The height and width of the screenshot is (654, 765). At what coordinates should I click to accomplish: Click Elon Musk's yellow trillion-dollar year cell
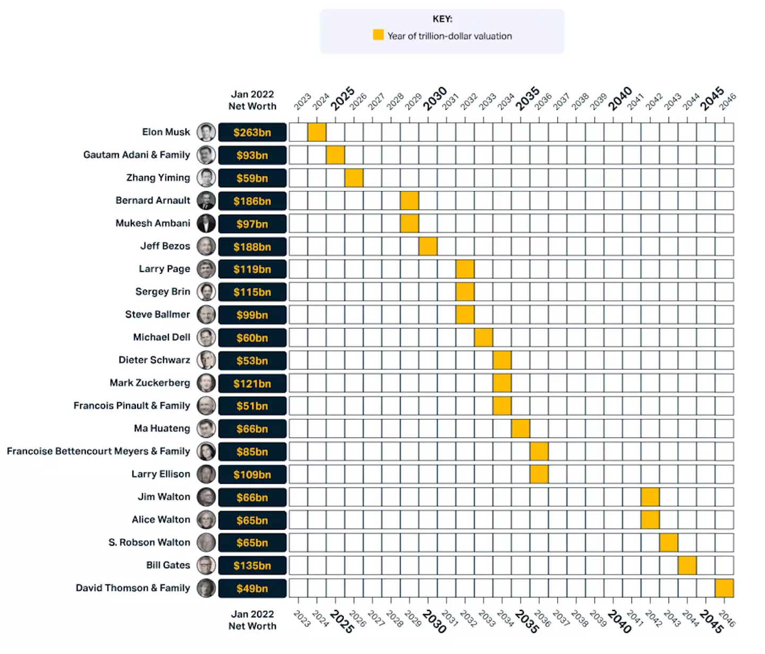coord(317,132)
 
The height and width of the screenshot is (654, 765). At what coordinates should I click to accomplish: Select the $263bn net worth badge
coord(252,132)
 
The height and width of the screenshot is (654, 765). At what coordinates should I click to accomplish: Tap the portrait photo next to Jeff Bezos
coord(206,247)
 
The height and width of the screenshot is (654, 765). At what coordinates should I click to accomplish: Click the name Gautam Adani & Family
coord(137,155)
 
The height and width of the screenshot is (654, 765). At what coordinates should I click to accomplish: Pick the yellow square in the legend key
coord(378,35)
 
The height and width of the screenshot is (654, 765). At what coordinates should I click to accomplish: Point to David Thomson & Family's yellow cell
coord(724,588)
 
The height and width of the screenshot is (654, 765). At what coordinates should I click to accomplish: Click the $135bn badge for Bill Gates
coord(252,566)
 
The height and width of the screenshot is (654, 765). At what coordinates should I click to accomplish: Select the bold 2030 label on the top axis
coord(435,98)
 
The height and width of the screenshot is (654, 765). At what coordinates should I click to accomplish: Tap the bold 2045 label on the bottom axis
coord(712,621)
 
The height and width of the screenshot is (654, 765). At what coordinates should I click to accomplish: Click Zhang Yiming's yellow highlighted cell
coord(354,178)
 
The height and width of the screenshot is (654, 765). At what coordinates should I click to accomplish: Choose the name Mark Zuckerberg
coord(150,383)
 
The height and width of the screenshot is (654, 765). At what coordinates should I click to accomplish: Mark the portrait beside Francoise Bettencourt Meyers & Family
coord(206,452)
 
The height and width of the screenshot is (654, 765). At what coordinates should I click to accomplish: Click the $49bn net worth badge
coord(252,589)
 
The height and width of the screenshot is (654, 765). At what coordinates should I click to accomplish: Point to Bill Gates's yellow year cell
coord(687,565)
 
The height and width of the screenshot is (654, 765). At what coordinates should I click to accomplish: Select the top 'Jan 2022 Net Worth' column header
coord(252,100)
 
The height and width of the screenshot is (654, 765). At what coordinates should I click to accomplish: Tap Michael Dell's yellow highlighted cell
coord(483,337)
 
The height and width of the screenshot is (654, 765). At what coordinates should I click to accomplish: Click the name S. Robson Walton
coord(149,542)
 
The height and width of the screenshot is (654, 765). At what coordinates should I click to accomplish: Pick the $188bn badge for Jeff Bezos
coord(252,247)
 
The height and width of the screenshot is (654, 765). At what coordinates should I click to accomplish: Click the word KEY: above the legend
coord(443,19)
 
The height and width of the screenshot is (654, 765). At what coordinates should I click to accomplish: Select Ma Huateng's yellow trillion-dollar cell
coord(521,429)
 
